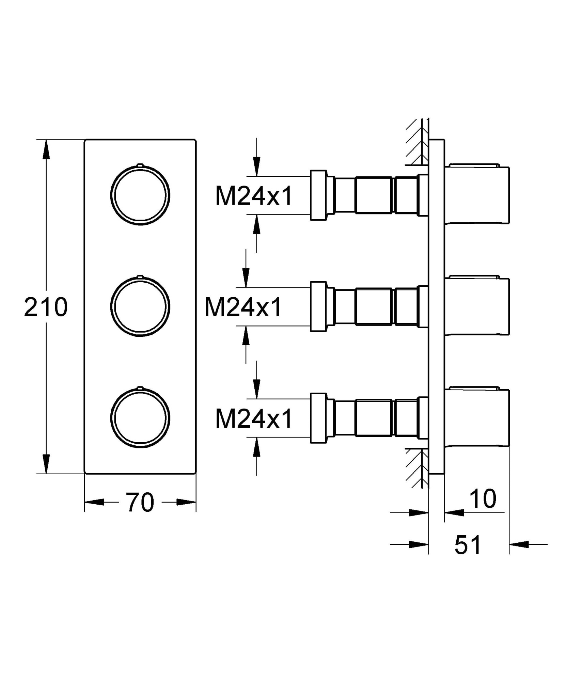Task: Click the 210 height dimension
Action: (x=46, y=307)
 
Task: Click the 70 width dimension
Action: (x=140, y=502)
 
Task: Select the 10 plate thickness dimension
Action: (x=483, y=499)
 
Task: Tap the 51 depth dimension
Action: (x=468, y=545)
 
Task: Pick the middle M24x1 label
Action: (x=243, y=307)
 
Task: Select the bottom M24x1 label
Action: (x=254, y=418)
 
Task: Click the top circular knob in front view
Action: (x=140, y=195)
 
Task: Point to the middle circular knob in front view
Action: (x=140, y=306)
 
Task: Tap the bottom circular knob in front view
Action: (x=140, y=418)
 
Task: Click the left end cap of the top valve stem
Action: (x=318, y=195)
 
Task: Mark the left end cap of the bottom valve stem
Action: (x=318, y=418)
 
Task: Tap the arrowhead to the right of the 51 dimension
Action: (x=519, y=544)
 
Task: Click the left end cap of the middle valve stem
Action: (x=318, y=306)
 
